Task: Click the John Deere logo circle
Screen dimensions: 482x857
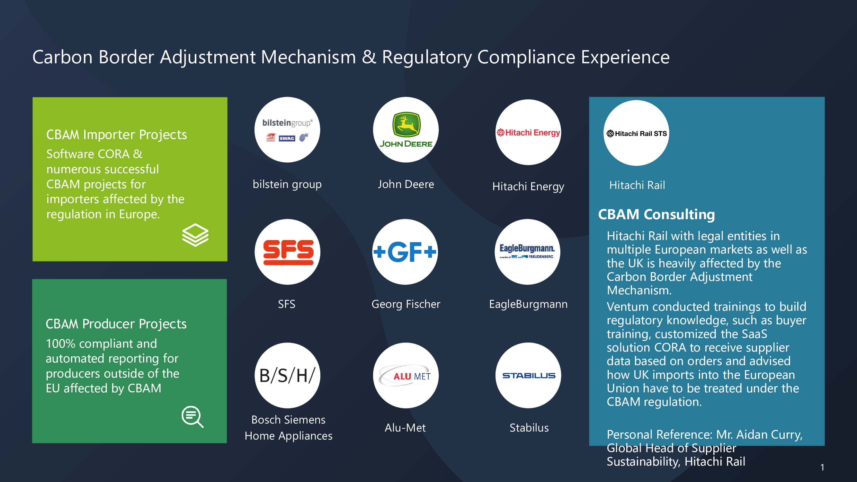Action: pyautogui.click(x=406, y=130)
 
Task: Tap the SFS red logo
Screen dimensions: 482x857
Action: pyautogui.click(x=288, y=252)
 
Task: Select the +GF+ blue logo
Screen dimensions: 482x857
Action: pyautogui.click(x=405, y=252)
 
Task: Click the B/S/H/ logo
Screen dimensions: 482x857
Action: pyautogui.click(x=288, y=376)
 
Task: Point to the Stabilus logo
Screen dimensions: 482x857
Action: pyautogui.click(x=528, y=376)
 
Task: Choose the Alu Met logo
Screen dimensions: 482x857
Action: pyautogui.click(x=406, y=376)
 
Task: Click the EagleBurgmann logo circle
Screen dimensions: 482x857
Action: pyautogui.click(x=527, y=252)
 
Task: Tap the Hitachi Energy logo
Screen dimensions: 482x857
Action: pyautogui.click(x=528, y=132)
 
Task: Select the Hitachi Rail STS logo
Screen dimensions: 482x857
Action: pyautogui.click(x=637, y=133)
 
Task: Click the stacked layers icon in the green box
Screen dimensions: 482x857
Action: pyautogui.click(x=195, y=235)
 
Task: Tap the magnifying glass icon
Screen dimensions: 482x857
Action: pyautogui.click(x=192, y=416)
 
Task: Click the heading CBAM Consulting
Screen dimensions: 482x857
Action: pyautogui.click(x=656, y=214)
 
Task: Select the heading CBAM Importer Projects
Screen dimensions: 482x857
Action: pyautogui.click(x=116, y=135)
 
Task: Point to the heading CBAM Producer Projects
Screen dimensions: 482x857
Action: pyautogui.click(x=116, y=324)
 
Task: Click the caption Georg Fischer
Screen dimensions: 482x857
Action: pyautogui.click(x=406, y=304)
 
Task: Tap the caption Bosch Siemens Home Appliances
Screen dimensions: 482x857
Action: pyautogui.click(x=289, y=428)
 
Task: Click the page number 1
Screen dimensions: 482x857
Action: pyautogui.click(x=822, y=467)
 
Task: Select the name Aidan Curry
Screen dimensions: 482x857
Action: pyautogui.click(x=769, y=434)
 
